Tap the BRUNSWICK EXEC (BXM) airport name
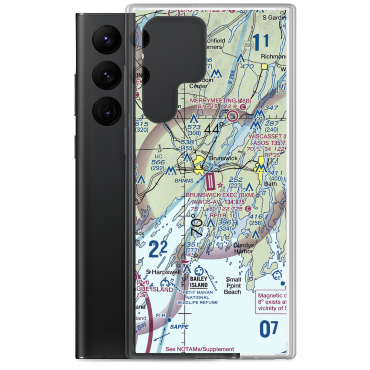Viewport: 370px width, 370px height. coord(220,195)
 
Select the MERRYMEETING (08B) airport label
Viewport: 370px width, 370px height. coord(221,100)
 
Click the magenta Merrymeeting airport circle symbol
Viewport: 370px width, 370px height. coord(233,117)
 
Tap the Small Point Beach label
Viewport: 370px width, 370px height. coord(233,286)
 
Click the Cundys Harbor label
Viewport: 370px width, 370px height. coord(243,248)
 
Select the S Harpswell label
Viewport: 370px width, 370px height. coord(163,272)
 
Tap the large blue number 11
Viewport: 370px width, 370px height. coord(262,41)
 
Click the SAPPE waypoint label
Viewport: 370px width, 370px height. coord(179,327)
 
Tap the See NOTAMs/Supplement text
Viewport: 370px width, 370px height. coord(199,349)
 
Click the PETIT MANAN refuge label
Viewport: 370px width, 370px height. coord(198,292)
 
